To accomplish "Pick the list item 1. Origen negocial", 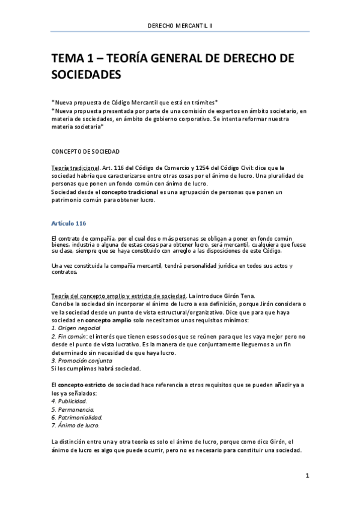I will pos(76,328).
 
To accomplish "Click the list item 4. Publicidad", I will pos(69,400).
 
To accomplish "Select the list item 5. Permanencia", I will pos(72,409).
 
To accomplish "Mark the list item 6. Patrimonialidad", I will pos(77,417).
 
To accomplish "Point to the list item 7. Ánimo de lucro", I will pos(75,425).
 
